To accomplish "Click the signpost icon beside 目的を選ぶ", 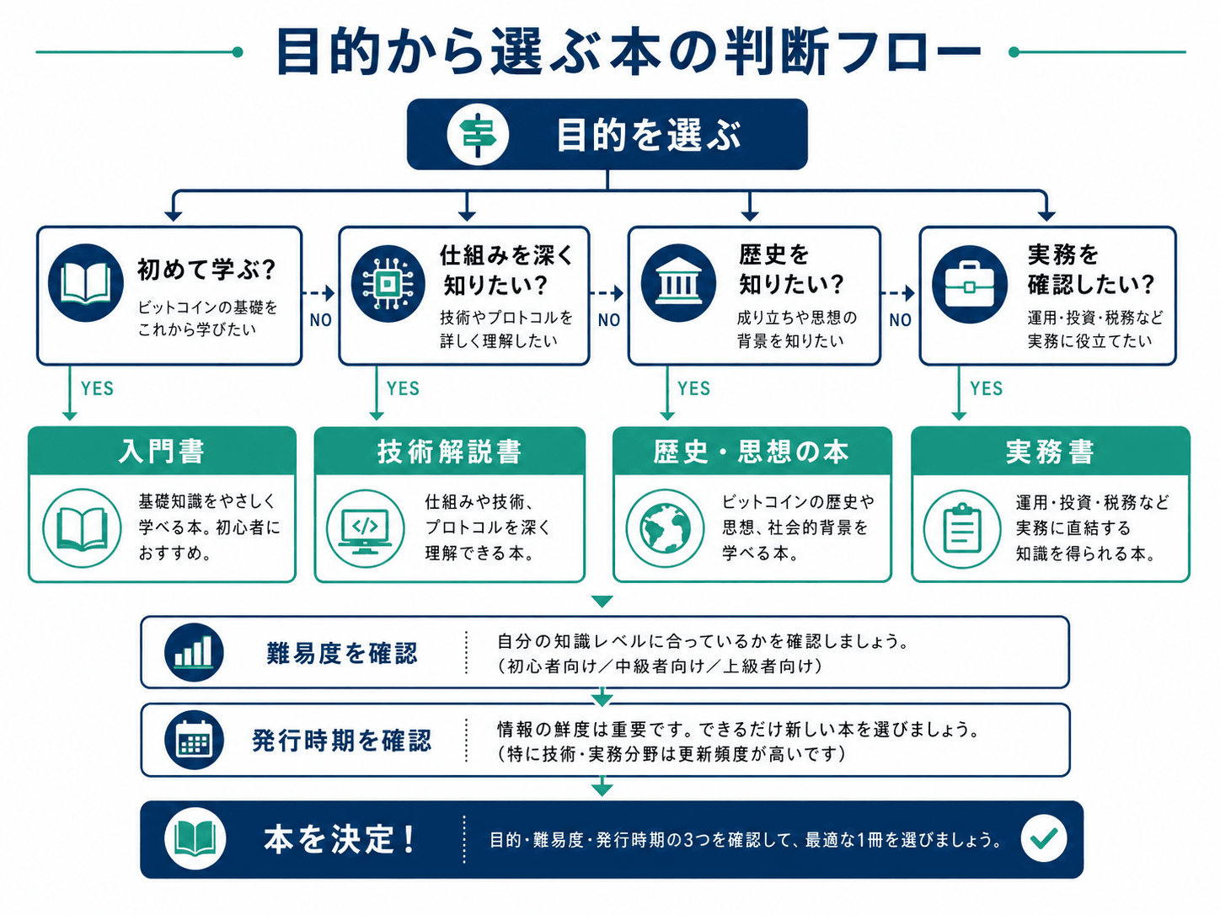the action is point(478,135).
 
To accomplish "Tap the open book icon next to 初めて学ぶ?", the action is point(86,283).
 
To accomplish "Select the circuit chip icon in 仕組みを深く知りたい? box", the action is point(388,284).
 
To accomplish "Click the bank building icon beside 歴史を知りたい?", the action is point(678,283).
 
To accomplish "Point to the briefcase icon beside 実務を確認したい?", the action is point(969,284).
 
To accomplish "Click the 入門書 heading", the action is point(162,451).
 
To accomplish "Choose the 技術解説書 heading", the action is point(449,451).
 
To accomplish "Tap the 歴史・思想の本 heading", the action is point(752,451).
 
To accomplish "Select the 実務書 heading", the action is point(1050,452).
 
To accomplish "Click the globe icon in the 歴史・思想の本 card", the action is point(665,528).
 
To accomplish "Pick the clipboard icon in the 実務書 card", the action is point(962,529).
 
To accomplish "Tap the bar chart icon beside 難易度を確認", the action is point(194,652).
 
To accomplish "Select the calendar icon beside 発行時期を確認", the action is point(194,740).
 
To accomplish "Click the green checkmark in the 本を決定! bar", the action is point(1044,838).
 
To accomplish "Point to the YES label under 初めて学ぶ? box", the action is point(97,388).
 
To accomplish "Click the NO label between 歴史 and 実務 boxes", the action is point(900,320).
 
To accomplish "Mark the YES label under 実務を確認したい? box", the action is point(987,388).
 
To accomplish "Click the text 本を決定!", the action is point(340,839).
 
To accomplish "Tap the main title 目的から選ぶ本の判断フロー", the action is point(628,51).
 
